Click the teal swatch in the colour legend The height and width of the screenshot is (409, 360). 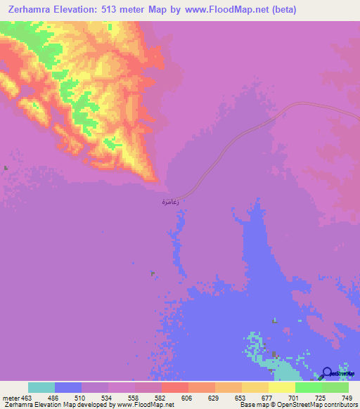41,388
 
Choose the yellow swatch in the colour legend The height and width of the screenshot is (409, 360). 255,388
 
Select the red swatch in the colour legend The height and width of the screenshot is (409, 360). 175,388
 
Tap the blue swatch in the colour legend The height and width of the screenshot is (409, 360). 68,388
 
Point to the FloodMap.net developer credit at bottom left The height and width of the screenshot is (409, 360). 87,405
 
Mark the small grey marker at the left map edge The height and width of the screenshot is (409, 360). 6,168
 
